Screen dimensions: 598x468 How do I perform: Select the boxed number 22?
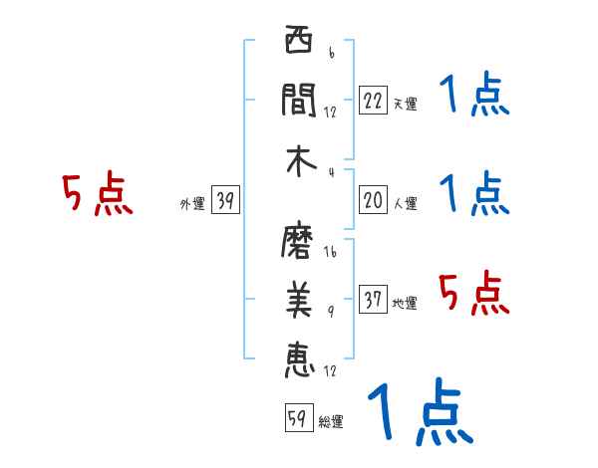pyautogui.click(x=373, y=100)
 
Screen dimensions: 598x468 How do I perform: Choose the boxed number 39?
pyautogui.click(x=225, y=202)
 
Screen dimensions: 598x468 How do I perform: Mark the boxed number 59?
pyautogui.click(x=297, y=418)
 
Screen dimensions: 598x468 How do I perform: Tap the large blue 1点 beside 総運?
pyautogui.click(x=419, y=412)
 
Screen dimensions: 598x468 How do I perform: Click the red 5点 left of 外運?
pyautogui.click(x=97, y=194)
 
